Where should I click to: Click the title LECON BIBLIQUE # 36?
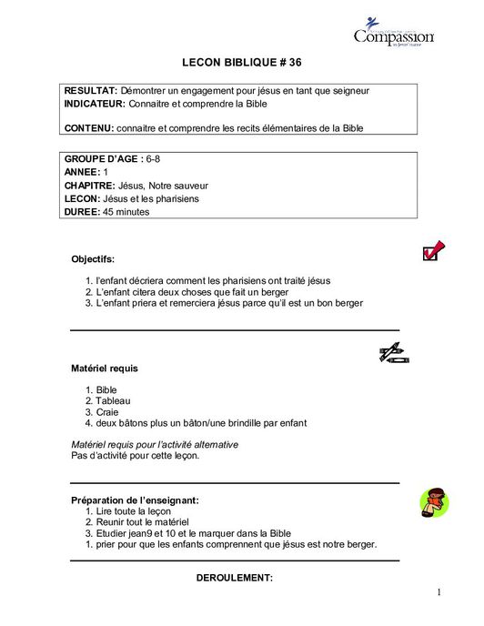(x=241, y=64)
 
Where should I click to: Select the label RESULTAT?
(x=90, y=91)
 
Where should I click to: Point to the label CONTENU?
(x=88, y=128)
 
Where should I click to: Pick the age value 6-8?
(x=153, y=159)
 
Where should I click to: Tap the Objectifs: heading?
(x=93, y=259)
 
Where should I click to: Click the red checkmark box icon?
(x=433, y=250)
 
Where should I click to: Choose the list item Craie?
(x=107, y=412)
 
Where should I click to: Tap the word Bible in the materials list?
(x=106, y=389)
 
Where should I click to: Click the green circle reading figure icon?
(x=433, y=501)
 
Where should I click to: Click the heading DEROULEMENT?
(x=235, y=578)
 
